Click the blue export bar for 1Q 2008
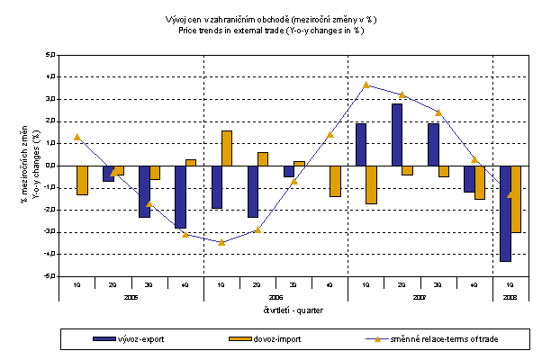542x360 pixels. tap(505, 213)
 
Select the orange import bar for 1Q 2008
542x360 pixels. tap(516, 199)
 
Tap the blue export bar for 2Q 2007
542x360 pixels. tap(396, 134)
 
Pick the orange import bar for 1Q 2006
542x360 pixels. tap(227, 148)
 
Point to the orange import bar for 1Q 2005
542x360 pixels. tap(83, 180)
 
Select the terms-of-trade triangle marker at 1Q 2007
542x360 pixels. tap(366, 85)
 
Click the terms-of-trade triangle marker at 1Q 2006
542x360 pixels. tap(221, 242)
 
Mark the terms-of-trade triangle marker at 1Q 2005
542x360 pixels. tap(77, 137)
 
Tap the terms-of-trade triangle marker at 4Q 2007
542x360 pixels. tap(474, 159)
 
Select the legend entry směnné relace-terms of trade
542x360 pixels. tap(432, 338)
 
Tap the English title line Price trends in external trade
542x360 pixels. tap(271, 30)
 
